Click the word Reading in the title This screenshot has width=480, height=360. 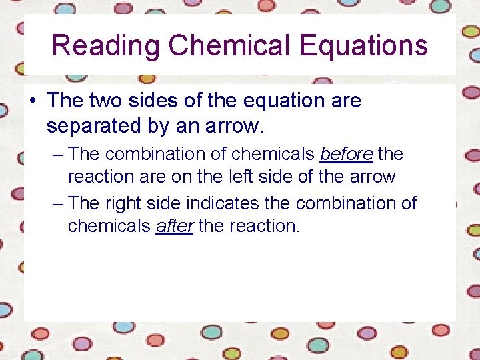pyautogui.click(x=106, y=46)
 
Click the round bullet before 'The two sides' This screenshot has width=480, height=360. pyautogui.click(x=32, y=101)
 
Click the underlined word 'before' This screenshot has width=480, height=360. pyautogui.click(x=346, y=154)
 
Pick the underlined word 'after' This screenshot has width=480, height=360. pyautogui.click(x=175, y=226)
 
